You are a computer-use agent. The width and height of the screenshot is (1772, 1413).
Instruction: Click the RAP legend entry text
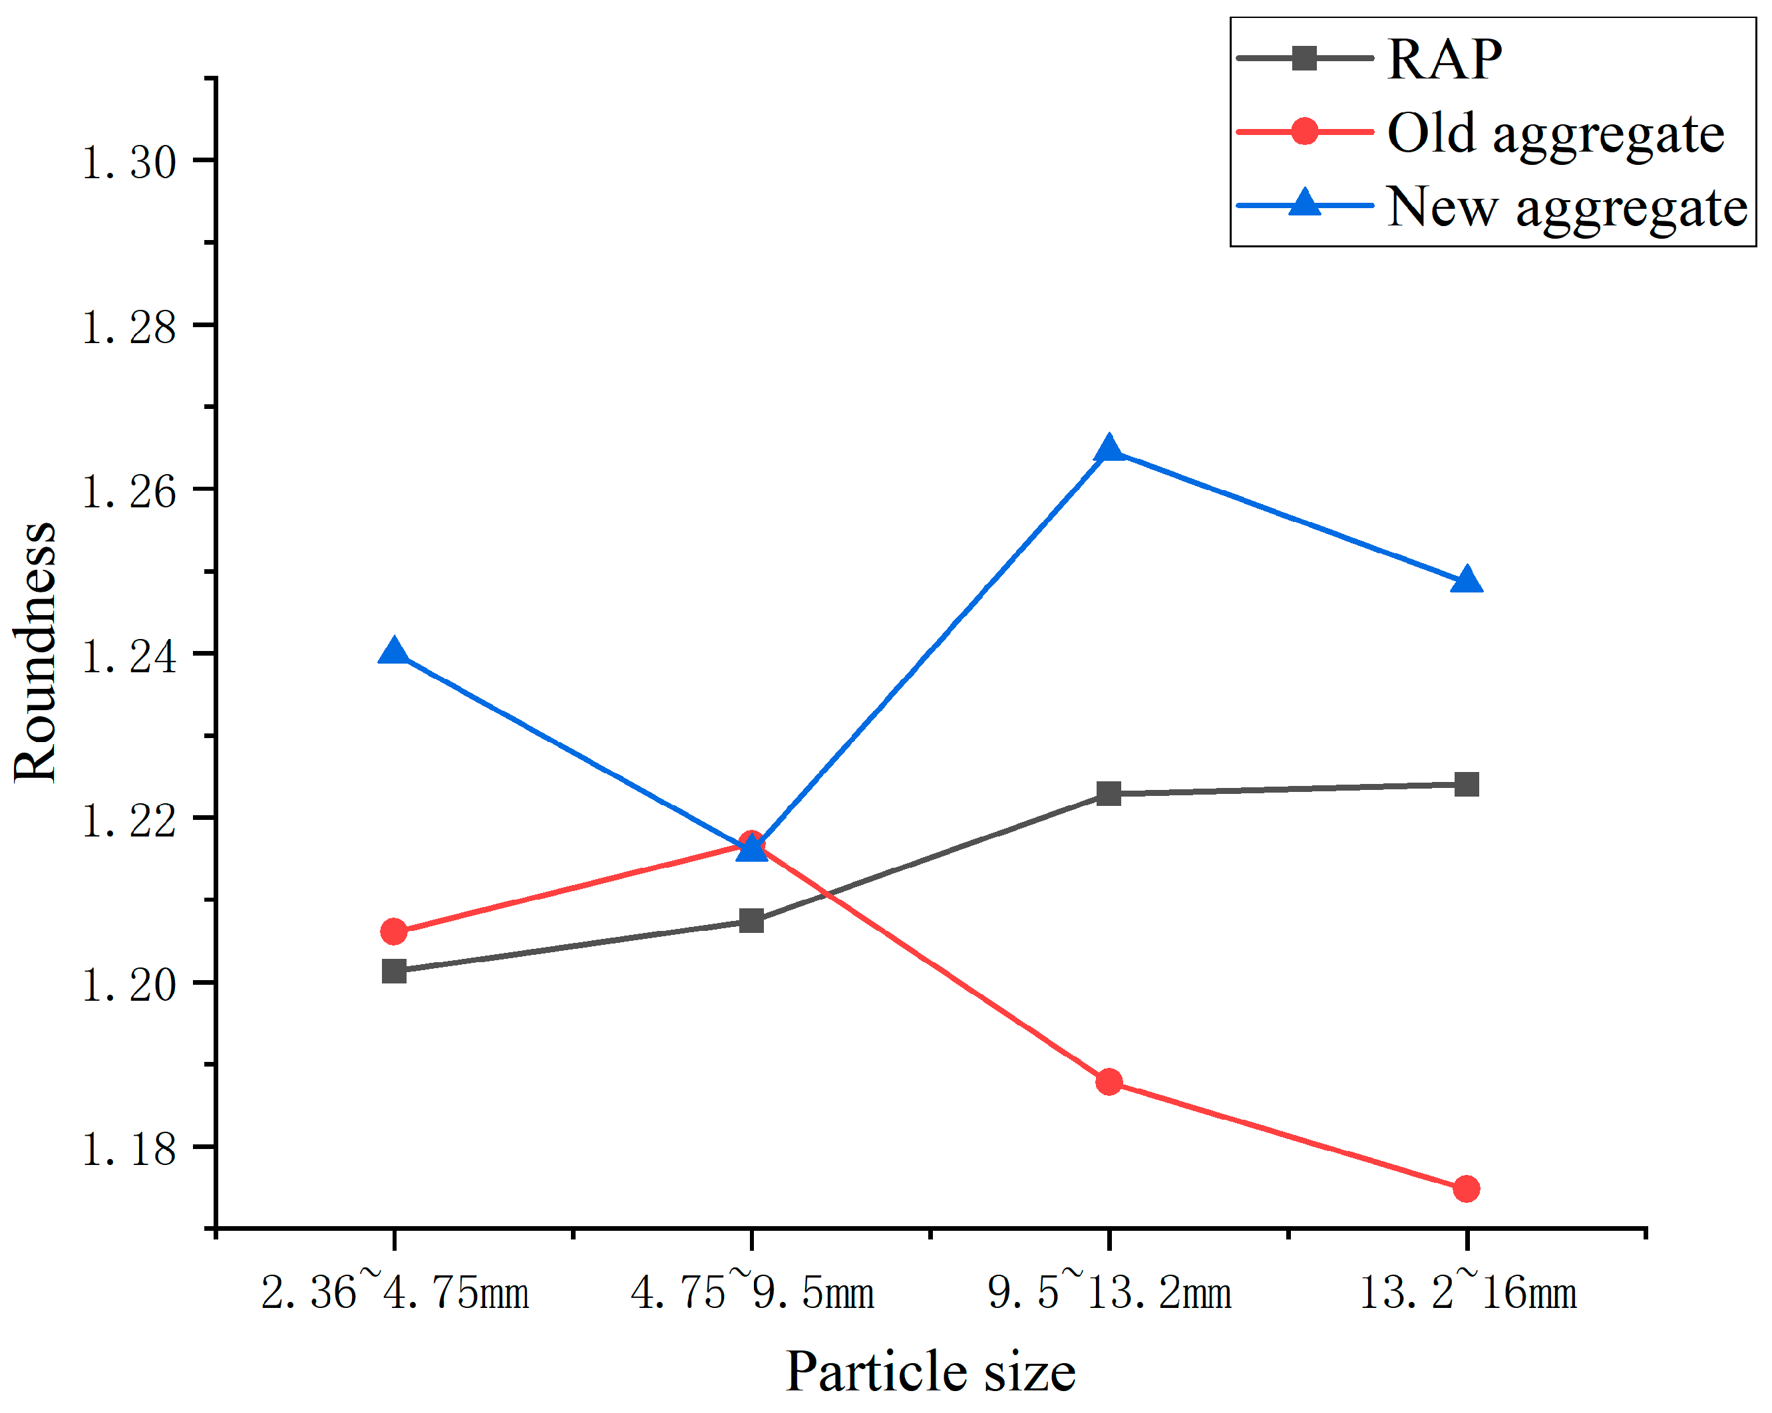[x=1444, y=60]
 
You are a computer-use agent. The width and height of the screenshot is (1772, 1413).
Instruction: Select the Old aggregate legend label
[x=1555, y=133]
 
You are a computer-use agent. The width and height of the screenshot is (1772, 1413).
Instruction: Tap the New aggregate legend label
[x=1566, y=207]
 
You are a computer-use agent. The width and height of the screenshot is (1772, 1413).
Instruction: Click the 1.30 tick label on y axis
[x=129, y=162]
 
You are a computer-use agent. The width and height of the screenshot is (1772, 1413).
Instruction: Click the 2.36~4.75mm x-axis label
[x=395, y=1292]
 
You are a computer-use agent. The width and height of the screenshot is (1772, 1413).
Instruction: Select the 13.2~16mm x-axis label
[x=1468, y=1292]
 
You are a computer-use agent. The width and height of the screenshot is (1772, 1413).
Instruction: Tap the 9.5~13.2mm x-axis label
[x=1109, y=1292]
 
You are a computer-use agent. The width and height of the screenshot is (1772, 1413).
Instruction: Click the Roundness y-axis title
[x=35, y=653]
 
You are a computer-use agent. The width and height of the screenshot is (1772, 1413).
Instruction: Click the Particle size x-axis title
[x=930, y=1372]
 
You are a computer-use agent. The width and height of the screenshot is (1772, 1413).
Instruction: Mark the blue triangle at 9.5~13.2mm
[x=1109, y=450]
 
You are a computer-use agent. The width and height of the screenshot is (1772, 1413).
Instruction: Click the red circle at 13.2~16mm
[x=1467, y=1189]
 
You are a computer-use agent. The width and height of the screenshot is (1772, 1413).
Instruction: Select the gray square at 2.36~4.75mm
[x=395, y=971]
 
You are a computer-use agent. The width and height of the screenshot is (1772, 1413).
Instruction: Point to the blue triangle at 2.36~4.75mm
[x=395, y=652]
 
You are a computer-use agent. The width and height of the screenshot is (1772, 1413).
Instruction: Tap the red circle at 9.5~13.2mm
[x=1109, y=1082]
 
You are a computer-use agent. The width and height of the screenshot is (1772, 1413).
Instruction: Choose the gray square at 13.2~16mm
[x=1467, y=785]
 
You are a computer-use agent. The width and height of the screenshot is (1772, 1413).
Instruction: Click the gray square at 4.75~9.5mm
[x=752, y=921]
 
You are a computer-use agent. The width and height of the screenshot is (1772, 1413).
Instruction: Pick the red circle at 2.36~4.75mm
[x=395, y=932]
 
